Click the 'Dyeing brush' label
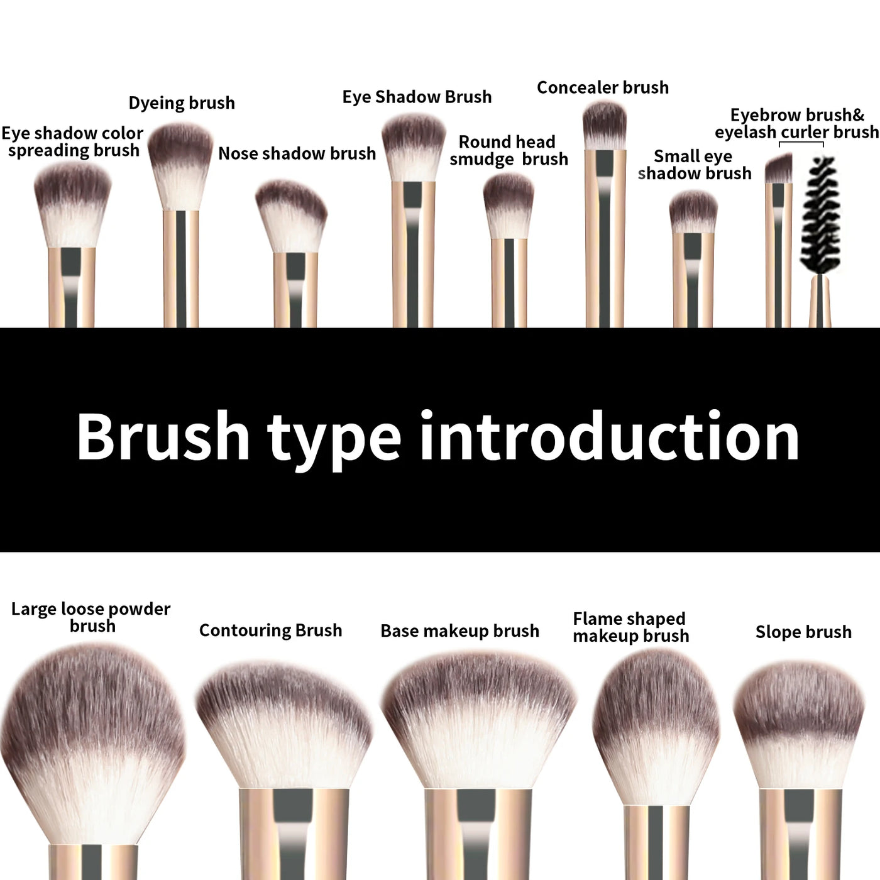182,103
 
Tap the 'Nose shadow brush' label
297,153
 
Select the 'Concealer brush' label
602,88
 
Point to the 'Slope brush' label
803,632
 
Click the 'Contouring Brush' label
270,630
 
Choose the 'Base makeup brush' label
459,631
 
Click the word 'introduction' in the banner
609,437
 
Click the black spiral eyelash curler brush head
820,214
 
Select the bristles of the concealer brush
604,124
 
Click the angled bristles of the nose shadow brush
290,216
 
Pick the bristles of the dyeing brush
181,165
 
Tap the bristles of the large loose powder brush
93,735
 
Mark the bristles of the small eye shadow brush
693,212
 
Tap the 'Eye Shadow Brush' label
417,97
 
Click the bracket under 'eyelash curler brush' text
801,144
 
